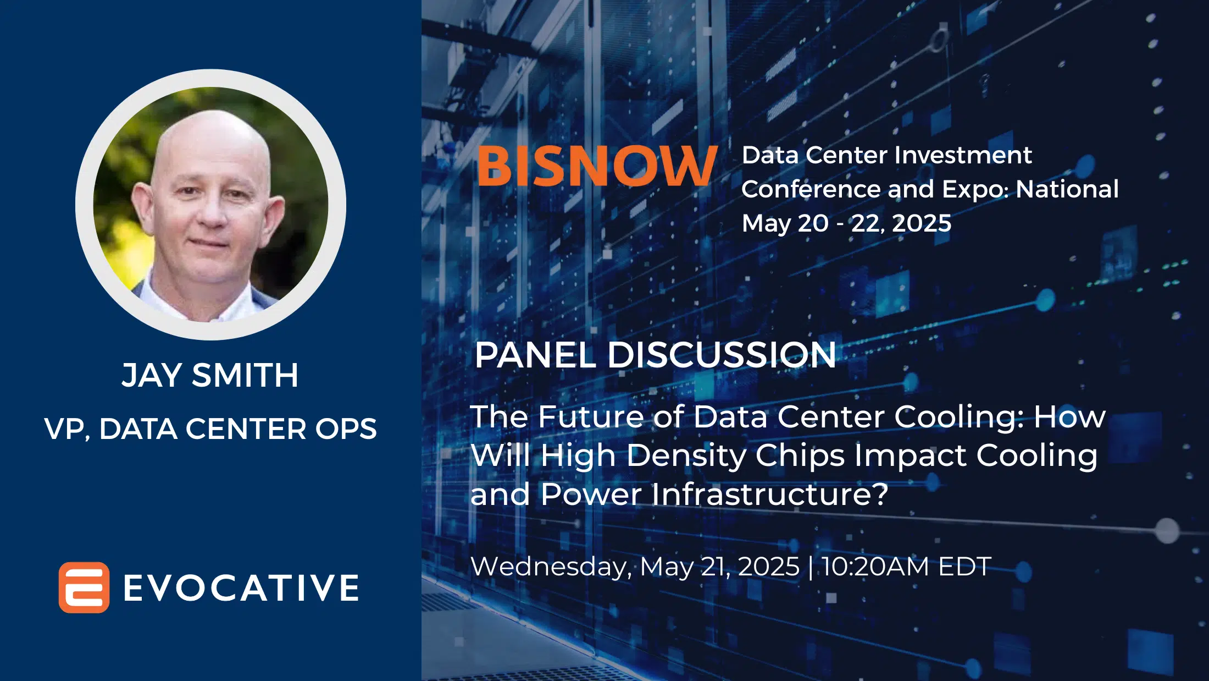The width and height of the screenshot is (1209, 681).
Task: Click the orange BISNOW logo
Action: (x=598, y=166)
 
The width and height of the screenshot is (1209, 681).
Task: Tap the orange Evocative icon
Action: (x=84, y=587)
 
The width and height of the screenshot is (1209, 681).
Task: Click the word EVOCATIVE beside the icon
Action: (x=241, y=588)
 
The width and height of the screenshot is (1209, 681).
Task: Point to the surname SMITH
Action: (x=245, y=376)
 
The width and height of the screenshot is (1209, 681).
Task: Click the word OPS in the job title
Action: (x=346, y=429)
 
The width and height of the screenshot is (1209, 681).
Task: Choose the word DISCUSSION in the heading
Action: (x=722, y=355)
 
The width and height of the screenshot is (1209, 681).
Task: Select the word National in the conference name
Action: (x=1067, y=189)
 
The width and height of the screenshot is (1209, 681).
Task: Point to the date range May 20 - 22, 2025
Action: (x=846, y=224)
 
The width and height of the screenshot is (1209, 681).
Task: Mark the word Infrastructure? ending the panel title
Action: (x=769, y=494)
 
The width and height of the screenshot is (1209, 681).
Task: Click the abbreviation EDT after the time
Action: (x=964, y=567)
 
